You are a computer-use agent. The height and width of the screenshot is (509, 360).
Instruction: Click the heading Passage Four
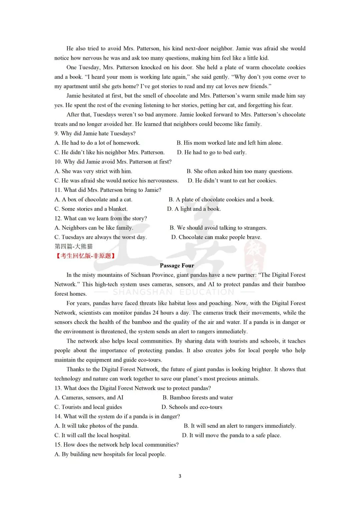tap(177, 266)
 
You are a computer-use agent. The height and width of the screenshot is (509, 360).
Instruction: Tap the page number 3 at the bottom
tap(180, 476)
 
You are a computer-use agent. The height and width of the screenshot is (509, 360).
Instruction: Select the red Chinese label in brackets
tap(86, 256)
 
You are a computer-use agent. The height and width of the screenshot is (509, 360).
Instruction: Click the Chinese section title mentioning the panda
tap(73, 247)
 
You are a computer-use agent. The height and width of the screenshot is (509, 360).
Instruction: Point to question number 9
tap(95, 134)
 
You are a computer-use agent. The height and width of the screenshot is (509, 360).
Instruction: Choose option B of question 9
tap(229, 143)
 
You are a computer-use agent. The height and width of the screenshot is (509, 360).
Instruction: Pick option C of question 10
tap(116, 181)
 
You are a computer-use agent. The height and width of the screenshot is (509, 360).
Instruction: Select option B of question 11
tap(221, 200)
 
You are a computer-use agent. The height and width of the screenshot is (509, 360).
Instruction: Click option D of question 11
tap(194, 209)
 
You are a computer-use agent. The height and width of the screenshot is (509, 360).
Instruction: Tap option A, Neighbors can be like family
tap(94, 228)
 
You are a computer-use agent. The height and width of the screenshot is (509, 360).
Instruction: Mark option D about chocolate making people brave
tap(216, 237)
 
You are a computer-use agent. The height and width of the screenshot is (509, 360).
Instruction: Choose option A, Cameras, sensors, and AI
tap(89, 398)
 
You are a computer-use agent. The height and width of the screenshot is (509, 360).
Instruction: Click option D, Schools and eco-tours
tap(192, 407)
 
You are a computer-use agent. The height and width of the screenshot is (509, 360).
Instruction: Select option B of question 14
tap(240, 426)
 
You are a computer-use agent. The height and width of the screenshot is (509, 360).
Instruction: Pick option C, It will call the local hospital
tap(92, 435)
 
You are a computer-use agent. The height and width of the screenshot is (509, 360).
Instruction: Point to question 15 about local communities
tap(117, 445)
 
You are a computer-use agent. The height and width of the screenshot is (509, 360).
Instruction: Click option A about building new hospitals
tap(110, 454)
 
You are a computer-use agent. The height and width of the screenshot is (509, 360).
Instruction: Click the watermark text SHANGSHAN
tap(143, 292)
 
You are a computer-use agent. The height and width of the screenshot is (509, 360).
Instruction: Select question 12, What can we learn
tap(101, 219)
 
